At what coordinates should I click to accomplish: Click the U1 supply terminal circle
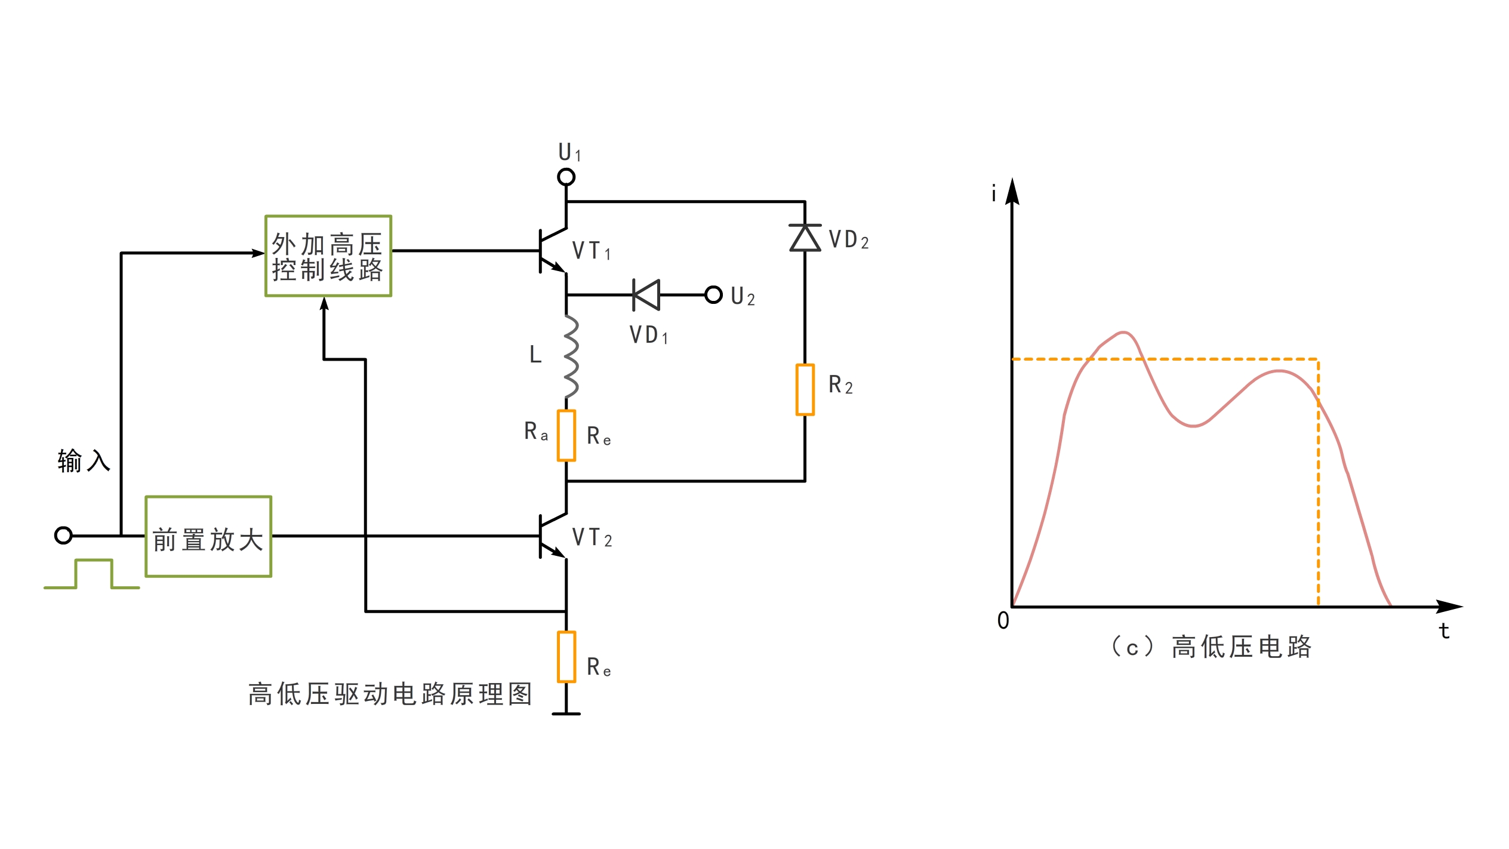(x=566, y=177)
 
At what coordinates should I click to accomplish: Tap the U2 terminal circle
(x=713, y=295)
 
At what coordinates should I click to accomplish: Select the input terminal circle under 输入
(x=63, y=536)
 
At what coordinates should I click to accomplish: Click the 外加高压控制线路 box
(x=328, y=256)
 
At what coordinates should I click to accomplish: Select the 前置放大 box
(x=208, y=537)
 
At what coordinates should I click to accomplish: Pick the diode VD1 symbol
(x=646, y=295)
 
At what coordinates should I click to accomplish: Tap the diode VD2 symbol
(x=805, y=238)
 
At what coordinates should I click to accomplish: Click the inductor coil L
(x=570, y=357)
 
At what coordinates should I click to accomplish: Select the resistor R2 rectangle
(x=805, y=390)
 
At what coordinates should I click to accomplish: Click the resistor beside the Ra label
(x=566, y=436)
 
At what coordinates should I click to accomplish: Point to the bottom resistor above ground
(x=566, y=657)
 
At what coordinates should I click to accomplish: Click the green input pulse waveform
(x=93, y=574)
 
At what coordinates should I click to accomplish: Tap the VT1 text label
(x=591, y=251)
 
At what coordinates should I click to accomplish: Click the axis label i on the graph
(x=994, y=194)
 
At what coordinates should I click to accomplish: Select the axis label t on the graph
(x=1444, y=631)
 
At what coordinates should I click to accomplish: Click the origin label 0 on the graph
(x=1003, y=621)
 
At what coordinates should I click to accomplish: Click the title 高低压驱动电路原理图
(x=390, y=694)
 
